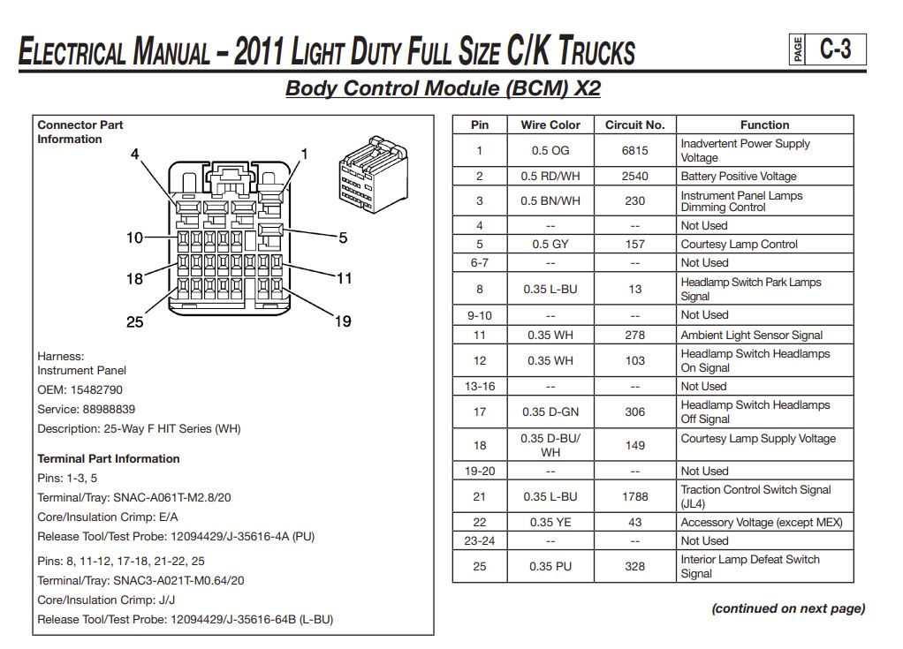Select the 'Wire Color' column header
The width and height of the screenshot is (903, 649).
pyautogui.click(x=550, y=125)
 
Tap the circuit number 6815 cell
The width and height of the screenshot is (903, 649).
pyautogui.click(x=634, y=151)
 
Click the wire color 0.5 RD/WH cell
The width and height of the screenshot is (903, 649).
pyautogui.click(x=550, y=176)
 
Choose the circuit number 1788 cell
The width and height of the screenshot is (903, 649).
pyautogui.click(x=634, y=496)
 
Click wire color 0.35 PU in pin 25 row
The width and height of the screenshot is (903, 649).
pyautogui.click(x=550, y=566)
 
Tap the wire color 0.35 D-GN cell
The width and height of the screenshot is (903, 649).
pyautogui.click(x=550, y=412)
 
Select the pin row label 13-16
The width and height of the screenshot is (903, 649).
pyautogui.click(x=480, y=386)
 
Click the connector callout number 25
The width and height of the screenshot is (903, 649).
pyautogui.click(x=135, y=321)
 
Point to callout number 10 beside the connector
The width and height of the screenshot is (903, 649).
pyautogui.click(x=135, y=238)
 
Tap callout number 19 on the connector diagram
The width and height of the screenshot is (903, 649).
pyautogui.click(x=343, y=321)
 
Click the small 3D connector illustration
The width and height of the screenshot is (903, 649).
pyautogui.click(x=373, y=174)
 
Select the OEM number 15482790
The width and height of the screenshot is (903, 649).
pyautogui.click(x=96, y=389)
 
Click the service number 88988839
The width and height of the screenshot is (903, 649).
pyautogui.click(x=109, y=409)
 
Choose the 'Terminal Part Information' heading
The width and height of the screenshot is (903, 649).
pyautogui.click(x=109, y=458)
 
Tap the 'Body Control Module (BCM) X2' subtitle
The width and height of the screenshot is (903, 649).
pyautogui.click(x=443, y=88)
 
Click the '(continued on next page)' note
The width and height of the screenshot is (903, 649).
pyautogui.click(x=788, y=608)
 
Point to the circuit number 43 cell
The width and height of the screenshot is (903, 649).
pyautogui.click(x=634, y=522)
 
